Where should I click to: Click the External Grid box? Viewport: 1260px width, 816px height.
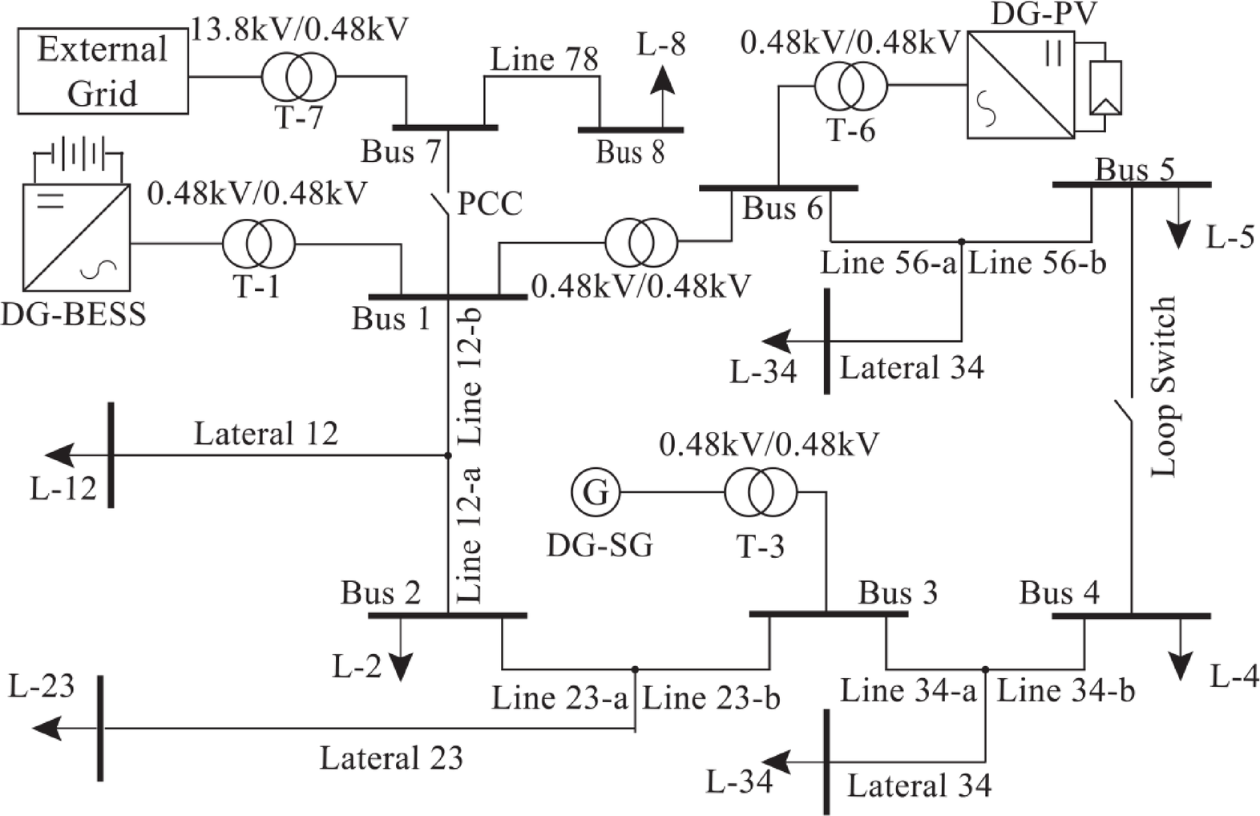(x=103, y=71)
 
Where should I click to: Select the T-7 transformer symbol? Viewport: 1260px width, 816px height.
(x=298, y=78)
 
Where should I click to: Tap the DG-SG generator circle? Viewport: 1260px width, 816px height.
(x=596, y=491)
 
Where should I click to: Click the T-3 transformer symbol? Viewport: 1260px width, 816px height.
(x=760, y=492)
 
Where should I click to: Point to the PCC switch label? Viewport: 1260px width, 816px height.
(x=489, y=204)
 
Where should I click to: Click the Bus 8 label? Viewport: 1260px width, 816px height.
(x=630, y=151)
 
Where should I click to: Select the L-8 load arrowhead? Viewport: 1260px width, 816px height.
(x=662, y=80)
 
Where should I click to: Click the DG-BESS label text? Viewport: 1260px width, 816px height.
(x=73, y=313)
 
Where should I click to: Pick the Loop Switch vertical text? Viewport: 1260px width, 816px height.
(x=1164, y=387)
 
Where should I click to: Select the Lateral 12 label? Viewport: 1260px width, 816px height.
(x=266, y=434)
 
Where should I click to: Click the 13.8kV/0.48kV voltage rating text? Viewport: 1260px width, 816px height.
(x=299, y=29)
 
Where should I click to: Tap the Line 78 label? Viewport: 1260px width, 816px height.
(x=544, y=59)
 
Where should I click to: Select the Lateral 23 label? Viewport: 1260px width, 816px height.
(x=391, y=757)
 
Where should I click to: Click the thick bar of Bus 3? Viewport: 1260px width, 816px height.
(x=828, y=615)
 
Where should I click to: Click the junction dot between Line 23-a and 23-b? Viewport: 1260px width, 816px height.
(x=635, y=669)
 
